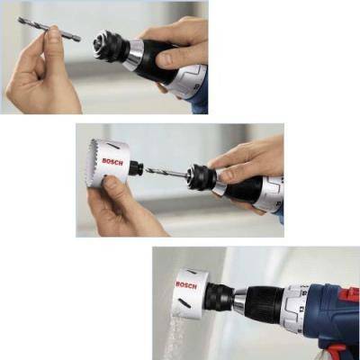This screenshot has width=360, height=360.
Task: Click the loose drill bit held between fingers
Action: click(x=49, y=29)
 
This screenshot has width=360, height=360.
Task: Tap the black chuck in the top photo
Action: click(x=109, y=46)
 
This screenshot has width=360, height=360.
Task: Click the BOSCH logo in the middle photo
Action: click(x=112, y=162)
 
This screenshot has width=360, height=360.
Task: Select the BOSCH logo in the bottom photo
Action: click(x=186, y=285)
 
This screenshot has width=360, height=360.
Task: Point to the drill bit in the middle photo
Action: click(x=166, y=172)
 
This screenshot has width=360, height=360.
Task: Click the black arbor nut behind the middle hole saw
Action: click(x=136, y=168)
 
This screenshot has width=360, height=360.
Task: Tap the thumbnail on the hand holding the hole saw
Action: click(x=105, y=181)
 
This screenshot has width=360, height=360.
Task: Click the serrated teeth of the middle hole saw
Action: click(x=92, y=162)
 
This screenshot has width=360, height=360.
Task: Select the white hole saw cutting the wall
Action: click(x=190, y=293)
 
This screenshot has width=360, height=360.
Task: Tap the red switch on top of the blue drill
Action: click(x=352, y=293)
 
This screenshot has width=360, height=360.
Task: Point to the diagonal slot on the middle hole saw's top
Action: click(x=113, y=145)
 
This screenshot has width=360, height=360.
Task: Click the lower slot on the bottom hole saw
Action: click(x=184, y=303)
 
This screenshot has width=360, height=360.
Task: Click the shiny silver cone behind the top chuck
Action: click(x=133, y=55)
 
